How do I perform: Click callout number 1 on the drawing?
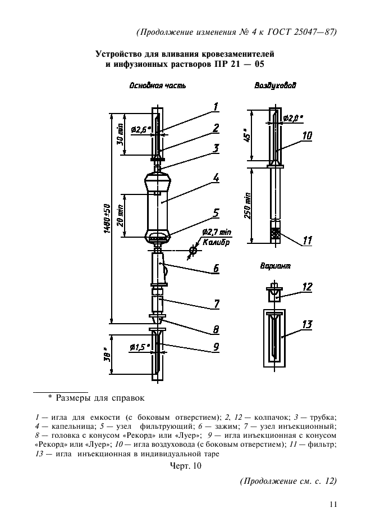216,106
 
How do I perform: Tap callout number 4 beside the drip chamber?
216,178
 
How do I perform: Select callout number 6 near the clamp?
216,269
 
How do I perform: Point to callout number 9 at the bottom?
216,347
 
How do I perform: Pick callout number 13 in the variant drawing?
306,324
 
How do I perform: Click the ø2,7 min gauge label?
217,231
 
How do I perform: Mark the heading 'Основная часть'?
158,86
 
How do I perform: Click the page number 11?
333,504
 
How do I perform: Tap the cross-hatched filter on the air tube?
276,233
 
